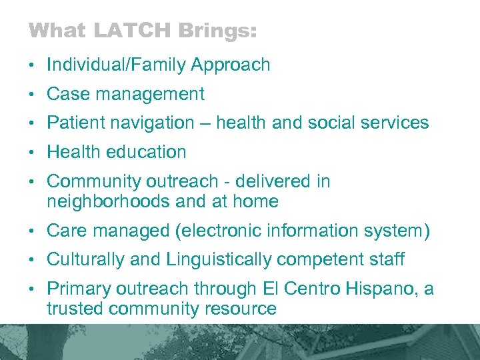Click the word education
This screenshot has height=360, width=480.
tap(144, 152)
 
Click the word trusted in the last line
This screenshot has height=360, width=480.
tap(76, 309)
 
